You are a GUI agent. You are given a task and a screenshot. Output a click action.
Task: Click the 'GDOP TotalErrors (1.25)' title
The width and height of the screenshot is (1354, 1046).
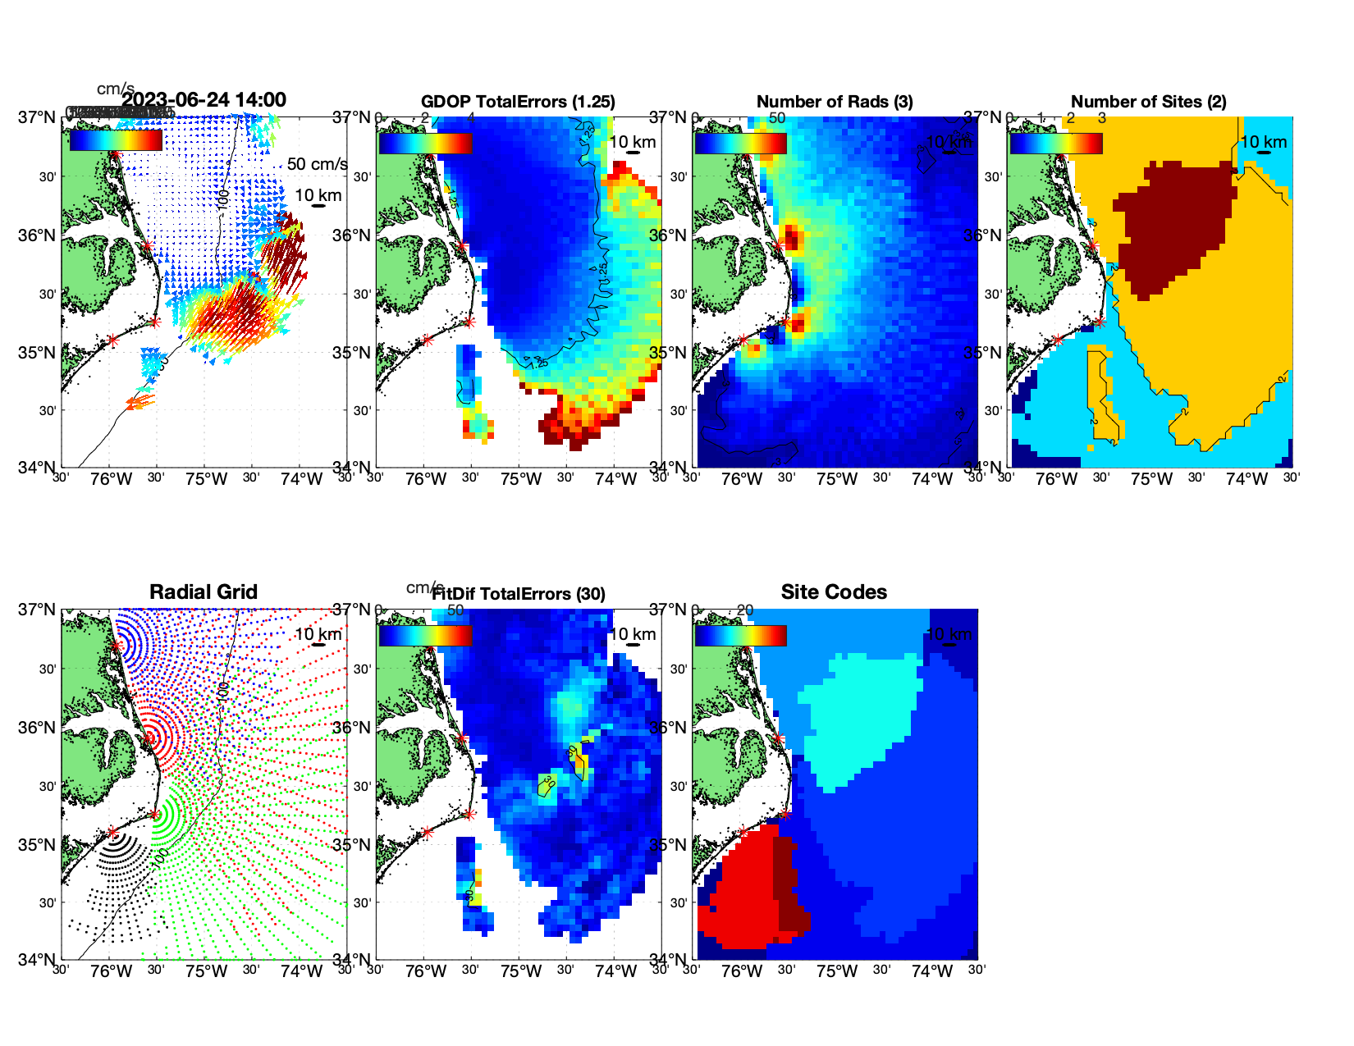[x=518, y=102]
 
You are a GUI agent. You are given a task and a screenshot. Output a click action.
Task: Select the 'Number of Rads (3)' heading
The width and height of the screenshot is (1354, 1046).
[x=835, y=102]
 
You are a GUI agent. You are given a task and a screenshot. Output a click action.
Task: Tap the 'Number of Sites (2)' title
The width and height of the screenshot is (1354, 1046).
[x=1149, y=102]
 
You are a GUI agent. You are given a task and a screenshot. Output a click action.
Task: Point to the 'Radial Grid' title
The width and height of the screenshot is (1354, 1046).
[x=204, y=592]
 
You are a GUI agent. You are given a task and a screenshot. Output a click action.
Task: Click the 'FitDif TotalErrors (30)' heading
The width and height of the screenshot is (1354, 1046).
[x=519, y=594]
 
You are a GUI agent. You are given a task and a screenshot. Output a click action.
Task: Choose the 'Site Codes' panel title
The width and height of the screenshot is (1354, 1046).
[x=834, y=592]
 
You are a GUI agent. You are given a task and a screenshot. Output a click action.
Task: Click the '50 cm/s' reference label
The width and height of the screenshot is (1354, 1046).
[x=317, y=164]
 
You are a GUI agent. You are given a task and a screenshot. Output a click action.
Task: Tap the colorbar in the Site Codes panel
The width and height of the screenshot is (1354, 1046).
[x=740, y=636]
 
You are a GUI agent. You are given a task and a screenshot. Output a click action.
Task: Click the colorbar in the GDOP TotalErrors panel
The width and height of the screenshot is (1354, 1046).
[x=425, y=143]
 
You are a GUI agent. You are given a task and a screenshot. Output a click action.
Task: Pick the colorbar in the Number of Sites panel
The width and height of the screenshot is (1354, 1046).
[x=1055, y=143]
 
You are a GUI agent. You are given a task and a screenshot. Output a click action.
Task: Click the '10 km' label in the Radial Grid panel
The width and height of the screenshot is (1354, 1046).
[x=318, y=634]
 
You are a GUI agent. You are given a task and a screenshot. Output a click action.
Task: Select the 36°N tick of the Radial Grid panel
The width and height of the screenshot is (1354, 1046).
[x=37, y=728]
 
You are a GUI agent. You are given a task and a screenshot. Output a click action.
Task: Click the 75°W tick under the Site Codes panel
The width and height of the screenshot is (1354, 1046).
[x=837, y=972]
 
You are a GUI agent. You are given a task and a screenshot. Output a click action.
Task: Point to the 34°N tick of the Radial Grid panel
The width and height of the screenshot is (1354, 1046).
[x=37, y=960]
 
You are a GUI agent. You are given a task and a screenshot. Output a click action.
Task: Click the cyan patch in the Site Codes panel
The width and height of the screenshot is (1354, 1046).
[x=862, y=714]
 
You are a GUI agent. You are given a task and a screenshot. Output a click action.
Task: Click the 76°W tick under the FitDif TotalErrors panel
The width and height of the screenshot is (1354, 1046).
[x=426, y=972]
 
